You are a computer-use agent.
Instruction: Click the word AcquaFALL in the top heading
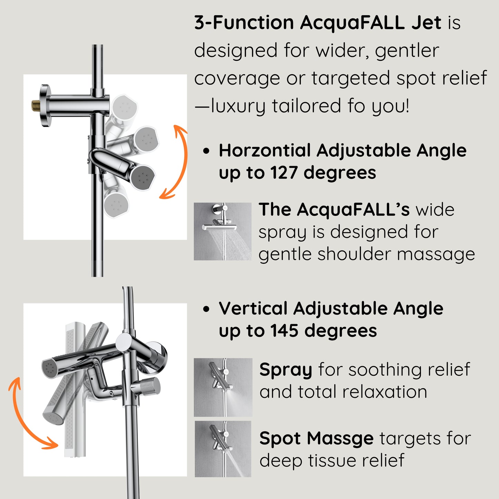(x=352, y=23)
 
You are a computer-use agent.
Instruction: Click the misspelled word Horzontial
(x=265, y=151)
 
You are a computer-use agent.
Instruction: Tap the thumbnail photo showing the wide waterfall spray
(x=223, y=231)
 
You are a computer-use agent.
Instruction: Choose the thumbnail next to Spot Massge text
(x=223, y=449)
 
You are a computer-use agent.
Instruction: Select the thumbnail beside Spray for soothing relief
(x=223, y=387)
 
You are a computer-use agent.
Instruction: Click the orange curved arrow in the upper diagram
(x=176, y=162)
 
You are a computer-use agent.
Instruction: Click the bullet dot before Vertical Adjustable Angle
(x=207, y=309)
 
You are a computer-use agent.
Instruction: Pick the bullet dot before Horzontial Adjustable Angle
(x=207, y=151)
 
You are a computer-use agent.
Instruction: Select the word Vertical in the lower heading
(x=253, y=308)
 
